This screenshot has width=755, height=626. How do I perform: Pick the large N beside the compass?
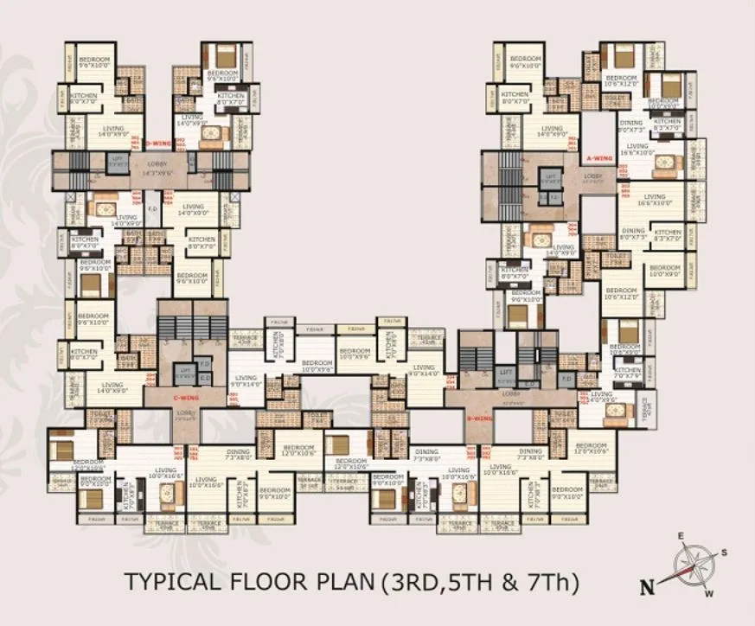tap(645, 587)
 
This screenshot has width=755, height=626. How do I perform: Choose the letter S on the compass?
tap(724, 552)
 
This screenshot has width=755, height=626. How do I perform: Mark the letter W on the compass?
tap(708, 593)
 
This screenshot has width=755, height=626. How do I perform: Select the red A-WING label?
tap(599, 159)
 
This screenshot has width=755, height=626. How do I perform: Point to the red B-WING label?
tap(480, 418)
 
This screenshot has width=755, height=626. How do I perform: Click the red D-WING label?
tap(158, 143)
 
